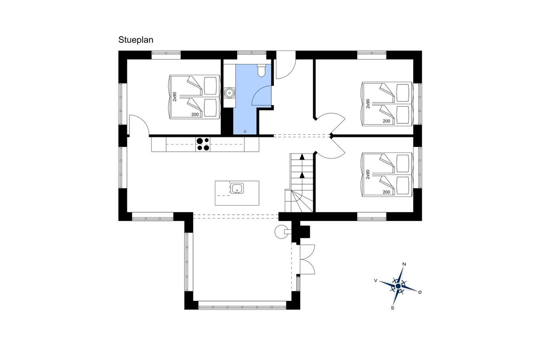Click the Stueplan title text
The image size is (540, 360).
point(136,40)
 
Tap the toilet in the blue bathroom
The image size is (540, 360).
point(261,70)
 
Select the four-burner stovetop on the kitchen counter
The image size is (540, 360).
point(203,144)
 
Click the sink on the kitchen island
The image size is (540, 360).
point(237,188)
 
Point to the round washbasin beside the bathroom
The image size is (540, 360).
point(229,93)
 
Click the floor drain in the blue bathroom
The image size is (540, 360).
point(245,131)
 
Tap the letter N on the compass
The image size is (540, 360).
point(404,264)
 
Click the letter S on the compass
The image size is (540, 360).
point(393,308)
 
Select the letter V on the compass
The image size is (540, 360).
point(375,280)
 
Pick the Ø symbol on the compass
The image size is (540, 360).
point(420,292)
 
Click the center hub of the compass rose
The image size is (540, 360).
point(398,286)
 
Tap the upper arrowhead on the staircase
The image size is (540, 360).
point(302,157)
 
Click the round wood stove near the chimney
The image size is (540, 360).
point(281,232)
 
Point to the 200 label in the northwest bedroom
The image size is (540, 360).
point(195,115)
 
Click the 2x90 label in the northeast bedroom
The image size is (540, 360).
point(368,104)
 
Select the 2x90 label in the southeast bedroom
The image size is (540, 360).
point(368,174)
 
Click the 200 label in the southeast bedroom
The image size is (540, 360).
point(386,192)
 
